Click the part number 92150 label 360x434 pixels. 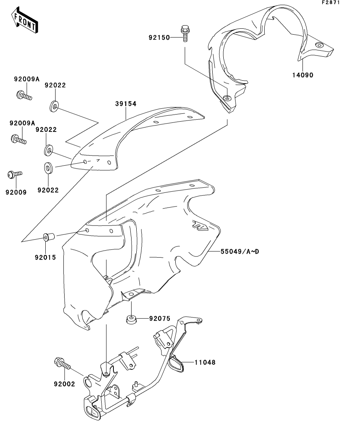[159, 38]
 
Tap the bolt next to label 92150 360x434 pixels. [185, 34]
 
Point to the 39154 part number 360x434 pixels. [126, 104]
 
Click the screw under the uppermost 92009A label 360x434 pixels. [24, 96]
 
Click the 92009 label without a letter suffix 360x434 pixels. [16, 192]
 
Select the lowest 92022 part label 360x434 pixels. [48, 190]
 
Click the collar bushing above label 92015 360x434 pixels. [49, 237]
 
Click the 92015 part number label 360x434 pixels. [46, 258]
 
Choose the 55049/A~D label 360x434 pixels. [234, 251]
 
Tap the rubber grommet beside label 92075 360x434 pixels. [132, 319]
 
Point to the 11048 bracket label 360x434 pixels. [205, 362]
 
